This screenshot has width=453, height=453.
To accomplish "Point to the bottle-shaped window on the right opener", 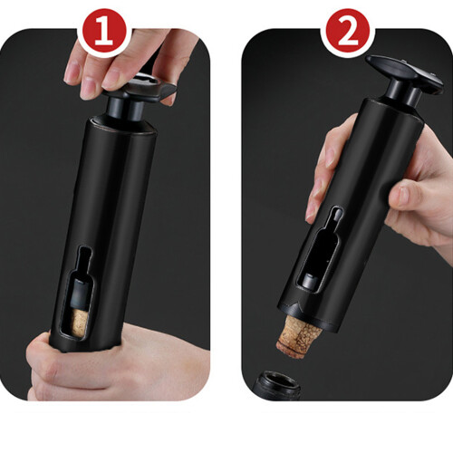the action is [x=321, y=251].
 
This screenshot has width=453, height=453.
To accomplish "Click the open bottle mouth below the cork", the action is [x=276, y=385].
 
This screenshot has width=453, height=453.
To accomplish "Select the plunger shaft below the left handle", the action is [x=125, y=109].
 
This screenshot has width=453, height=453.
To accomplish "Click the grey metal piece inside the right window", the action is [x=309, y=282].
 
